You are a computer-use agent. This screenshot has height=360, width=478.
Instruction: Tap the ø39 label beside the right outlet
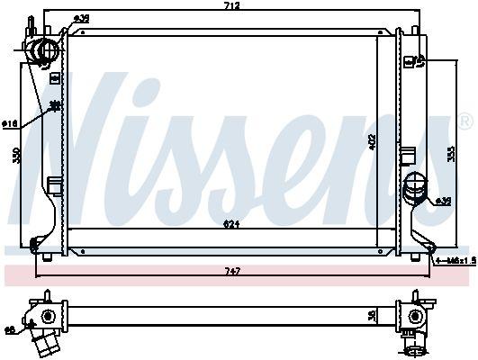pos(443,201)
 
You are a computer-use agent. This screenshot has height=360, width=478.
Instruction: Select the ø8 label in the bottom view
pos(8,330)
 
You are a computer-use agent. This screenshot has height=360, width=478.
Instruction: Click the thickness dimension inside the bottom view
pos(372,316)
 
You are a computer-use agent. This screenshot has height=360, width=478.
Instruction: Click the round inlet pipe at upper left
pos(42,51)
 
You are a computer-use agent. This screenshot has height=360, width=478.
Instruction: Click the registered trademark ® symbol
pos(464,121)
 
